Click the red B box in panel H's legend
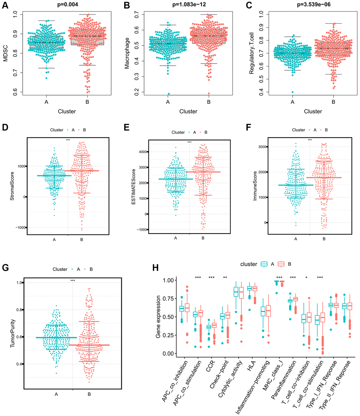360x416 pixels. [x=281, y=264]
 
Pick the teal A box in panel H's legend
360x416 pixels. [x=264, y=264]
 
